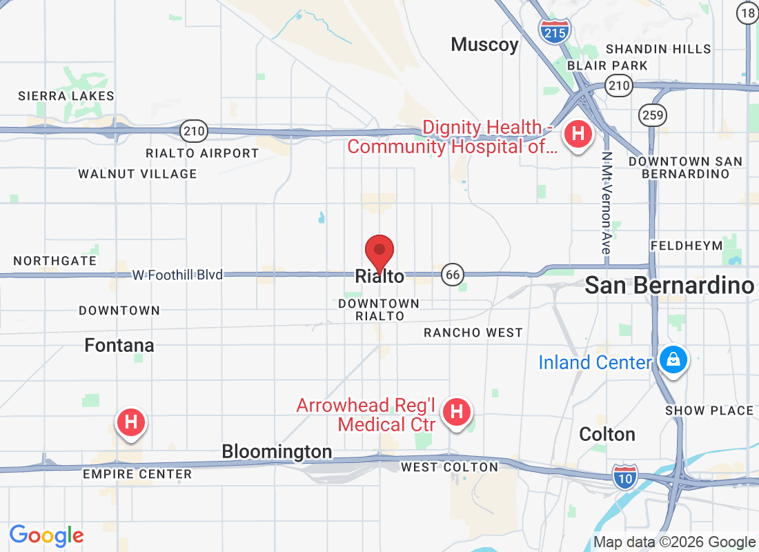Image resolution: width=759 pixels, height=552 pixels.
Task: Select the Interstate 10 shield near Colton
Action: (624, 475)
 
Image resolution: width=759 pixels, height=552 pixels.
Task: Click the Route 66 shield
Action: (453, 275)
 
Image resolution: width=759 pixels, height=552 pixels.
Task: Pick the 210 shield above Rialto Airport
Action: (194, 130)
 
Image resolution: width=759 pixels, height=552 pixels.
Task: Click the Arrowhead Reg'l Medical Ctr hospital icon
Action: (456, 413)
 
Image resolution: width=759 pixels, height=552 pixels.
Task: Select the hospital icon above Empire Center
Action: (132, 422)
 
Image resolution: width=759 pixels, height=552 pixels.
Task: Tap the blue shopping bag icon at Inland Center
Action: (671, 359)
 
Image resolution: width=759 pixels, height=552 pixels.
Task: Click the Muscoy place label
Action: (484, 46)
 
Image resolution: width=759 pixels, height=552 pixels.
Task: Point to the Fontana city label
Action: (119, 345)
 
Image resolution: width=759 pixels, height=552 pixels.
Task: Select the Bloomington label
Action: (277, 452)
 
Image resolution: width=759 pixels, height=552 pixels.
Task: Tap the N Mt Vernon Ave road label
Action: (606, 203)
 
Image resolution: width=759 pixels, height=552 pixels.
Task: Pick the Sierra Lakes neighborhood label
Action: (66, 96)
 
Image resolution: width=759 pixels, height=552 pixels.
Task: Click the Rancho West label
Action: (473, 333)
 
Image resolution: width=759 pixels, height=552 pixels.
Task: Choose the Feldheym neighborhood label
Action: (687, 246)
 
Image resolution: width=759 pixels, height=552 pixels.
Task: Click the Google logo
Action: (47, 535)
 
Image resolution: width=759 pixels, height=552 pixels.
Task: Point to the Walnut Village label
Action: (137, 174)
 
